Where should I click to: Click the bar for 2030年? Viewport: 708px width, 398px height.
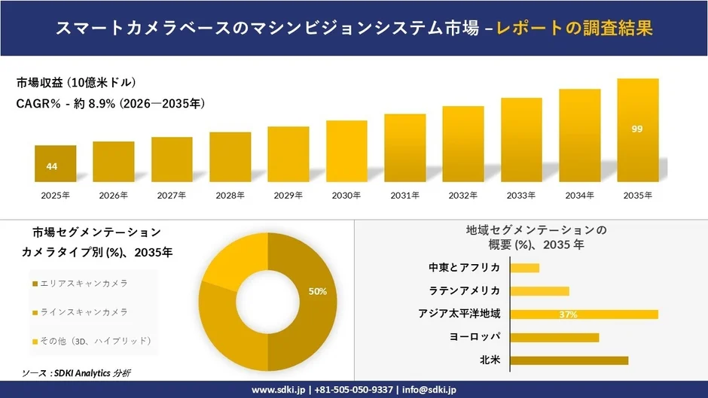point(346,150)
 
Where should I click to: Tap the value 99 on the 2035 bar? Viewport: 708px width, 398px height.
point(637,129)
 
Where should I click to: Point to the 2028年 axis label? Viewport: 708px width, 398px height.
point(230,196)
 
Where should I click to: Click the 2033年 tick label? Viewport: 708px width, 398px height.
point(521,196)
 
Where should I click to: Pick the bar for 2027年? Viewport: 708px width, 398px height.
point(172,159)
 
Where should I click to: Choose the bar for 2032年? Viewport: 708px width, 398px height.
point(463,144)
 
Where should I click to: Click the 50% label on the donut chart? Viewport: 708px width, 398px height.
point(318,291)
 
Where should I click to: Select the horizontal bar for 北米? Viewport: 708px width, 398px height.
point(569,360)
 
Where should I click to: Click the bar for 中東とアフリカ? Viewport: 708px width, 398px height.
point(525,268)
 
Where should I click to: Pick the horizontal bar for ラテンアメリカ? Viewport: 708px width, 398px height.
point(539,291)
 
